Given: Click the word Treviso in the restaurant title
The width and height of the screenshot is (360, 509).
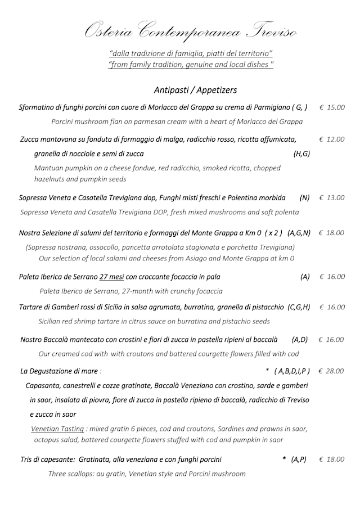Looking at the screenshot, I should [265, 32].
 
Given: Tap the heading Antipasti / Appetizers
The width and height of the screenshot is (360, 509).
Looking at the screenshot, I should [195, 90].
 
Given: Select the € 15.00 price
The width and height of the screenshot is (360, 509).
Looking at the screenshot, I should [332, 107].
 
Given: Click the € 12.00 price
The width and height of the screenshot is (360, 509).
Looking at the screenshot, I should [332, 139].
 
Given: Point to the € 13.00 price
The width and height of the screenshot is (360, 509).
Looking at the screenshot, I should [332, 198].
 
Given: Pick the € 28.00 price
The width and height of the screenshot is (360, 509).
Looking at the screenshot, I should [331, 371].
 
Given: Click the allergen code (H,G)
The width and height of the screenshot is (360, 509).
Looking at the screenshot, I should [301, 154].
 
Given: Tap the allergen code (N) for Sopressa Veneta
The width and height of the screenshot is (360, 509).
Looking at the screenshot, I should [305, 198].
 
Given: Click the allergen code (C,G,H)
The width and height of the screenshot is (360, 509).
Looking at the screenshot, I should [299, 307].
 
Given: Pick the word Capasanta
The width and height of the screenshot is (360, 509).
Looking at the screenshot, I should [43, 386].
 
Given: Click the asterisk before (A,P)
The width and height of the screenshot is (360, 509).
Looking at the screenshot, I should [284, 460].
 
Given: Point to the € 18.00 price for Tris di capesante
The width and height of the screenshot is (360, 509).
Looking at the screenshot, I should [332, 460].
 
